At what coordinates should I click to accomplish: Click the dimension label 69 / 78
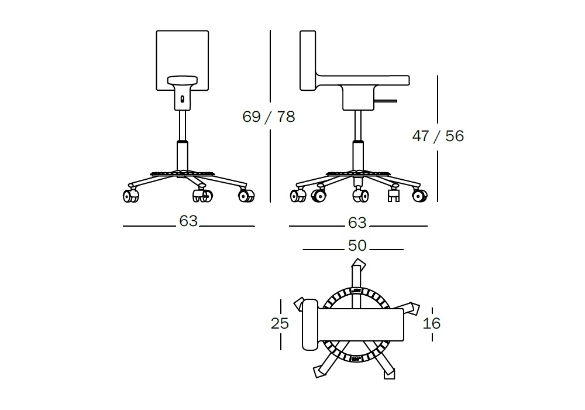pos(269,117)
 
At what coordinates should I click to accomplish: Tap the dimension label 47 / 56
pos(438,136)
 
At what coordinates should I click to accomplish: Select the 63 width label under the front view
pos(188,221)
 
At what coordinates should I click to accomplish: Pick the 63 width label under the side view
pos(357,223)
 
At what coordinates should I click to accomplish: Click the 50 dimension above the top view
pos(357,245)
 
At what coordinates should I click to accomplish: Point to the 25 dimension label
pos(280,323)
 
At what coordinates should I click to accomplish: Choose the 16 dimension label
pos(432,323)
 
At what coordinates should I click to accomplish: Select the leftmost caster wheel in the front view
pos(130,196)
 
